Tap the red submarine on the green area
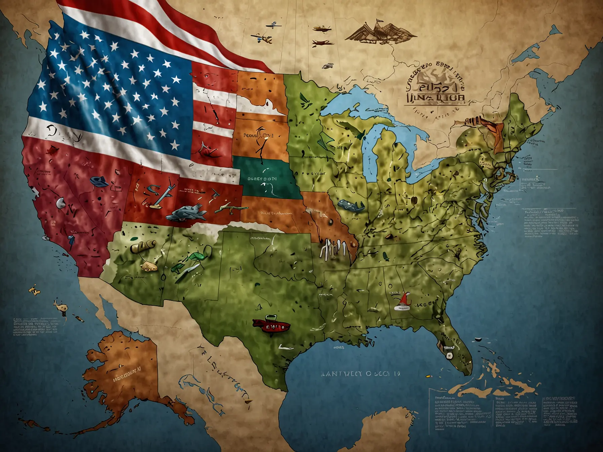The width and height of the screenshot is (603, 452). pyautogui.click(x=271, y=325)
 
